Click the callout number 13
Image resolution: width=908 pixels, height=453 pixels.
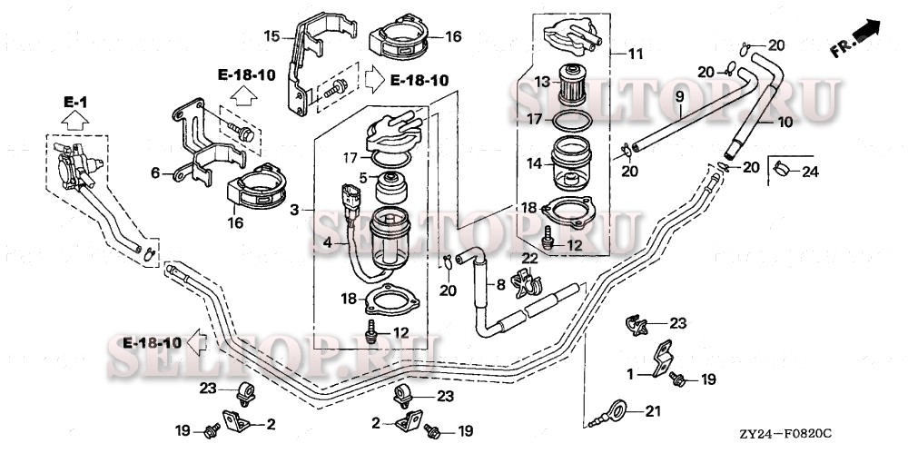click(542, 82)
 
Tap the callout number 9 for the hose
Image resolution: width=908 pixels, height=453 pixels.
click(679, 95)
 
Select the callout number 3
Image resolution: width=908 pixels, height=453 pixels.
click(293, 211)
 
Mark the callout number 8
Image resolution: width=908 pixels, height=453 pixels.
click(498, 284)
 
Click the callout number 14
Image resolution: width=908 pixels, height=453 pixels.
click(542, 163)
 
